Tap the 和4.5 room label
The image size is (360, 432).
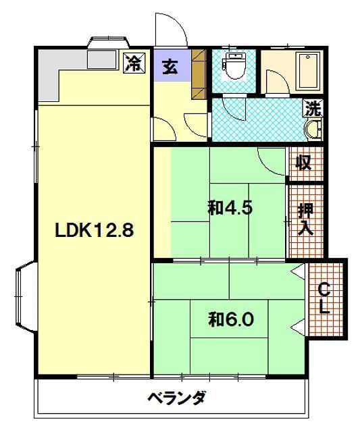click(x=230, y=208)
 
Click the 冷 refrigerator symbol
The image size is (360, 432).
click(x=134, y=63)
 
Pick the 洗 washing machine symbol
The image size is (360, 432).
click(x=313, y=108)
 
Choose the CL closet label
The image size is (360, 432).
click(x=324, y=298)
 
